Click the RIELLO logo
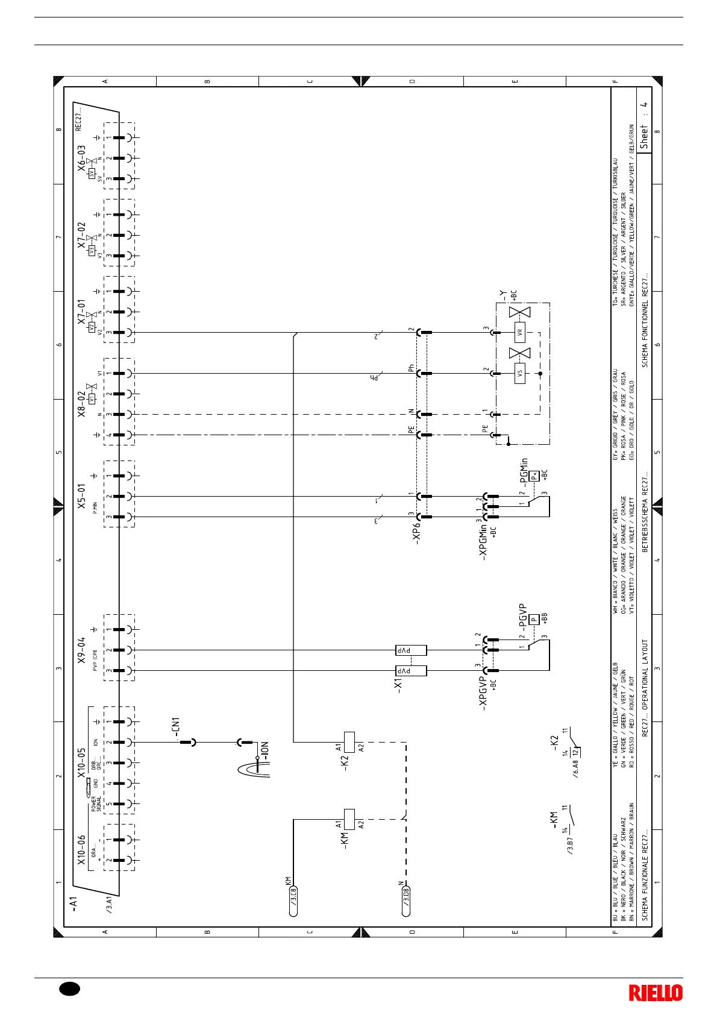656,993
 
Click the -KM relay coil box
348,819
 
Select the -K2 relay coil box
348,742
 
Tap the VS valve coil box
520,373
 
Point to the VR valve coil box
520,332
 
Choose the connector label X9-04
81,650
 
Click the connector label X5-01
81,496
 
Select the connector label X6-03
81,158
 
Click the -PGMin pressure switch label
525,472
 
